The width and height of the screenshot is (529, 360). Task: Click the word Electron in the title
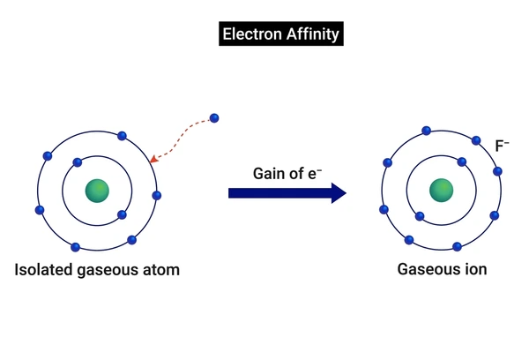(252, 34)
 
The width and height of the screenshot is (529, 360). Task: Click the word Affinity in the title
(313, 34)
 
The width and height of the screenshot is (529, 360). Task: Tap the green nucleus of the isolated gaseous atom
(97, 191)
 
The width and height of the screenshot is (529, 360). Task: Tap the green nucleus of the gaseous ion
(442, 191)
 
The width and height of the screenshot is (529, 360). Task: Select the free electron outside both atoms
(214, 118)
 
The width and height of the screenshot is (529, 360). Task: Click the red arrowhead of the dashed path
(153, 159)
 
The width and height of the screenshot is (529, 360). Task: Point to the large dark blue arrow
(287, 193)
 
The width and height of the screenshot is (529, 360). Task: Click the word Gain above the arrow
(267, 174)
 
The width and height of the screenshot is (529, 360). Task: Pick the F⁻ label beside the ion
(502, 146)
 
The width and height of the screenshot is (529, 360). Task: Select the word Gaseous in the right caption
(427, 269)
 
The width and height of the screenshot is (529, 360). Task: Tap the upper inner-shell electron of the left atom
(78, 162)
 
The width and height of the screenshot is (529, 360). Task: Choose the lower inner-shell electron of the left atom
(122, 214)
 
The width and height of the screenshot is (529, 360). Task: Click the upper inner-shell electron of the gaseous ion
(462, 162)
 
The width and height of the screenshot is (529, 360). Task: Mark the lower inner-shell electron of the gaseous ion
(420, 216)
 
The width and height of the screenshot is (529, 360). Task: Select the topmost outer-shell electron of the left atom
(122, 136)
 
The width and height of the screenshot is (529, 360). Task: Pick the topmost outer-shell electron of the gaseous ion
(427, 131)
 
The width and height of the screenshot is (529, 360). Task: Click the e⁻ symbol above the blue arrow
(315, 174)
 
